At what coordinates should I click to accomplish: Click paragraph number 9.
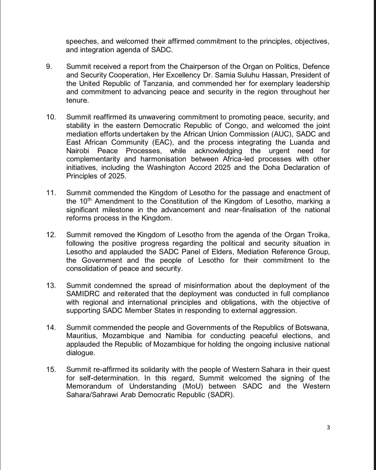[x=49, y=67]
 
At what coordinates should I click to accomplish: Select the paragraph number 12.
[x=51, y=235]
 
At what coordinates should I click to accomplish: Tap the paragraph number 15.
[x=51, y=370]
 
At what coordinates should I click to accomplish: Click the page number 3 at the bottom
[x=328, y=427]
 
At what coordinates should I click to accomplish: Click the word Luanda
[x=299, y=142]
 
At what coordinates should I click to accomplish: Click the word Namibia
[x=179, y=336]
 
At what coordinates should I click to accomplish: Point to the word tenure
[x=77, y=100]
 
